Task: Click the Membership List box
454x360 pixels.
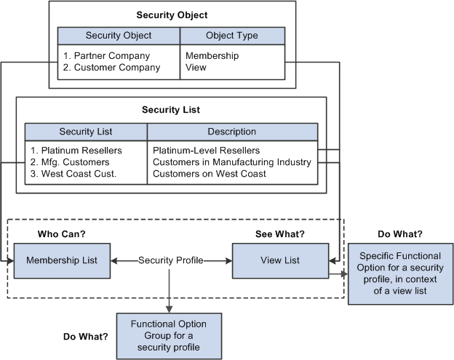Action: (x=61, y=260)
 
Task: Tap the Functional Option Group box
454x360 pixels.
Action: (x=168, y=335)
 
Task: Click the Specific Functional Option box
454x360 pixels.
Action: (x=399, y=274)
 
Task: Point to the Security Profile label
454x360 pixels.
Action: (x=172, y=260)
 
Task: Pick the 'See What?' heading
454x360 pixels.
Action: (x=279, y=234)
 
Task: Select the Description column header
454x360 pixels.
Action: (x=231, y=132)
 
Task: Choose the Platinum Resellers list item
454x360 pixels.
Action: (x=76, y=151)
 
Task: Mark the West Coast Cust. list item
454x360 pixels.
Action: (x=76, y=174)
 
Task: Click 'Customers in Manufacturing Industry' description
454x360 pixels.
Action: (x=232, y=162)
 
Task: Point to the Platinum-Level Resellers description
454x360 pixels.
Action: (x=207, y=151)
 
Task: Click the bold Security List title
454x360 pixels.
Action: (x=171, y=110)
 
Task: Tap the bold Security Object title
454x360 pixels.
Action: (x=172, y=14)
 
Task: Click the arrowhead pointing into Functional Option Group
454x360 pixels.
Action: (x=168, y=308)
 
